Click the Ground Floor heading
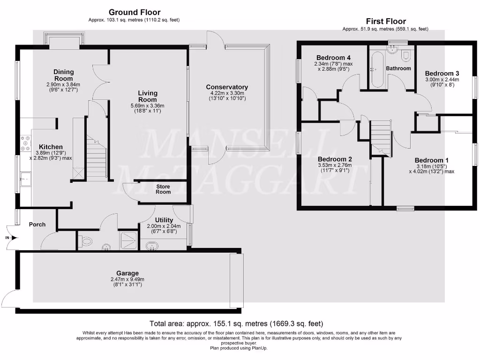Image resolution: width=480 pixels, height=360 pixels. click(x=134, y=12)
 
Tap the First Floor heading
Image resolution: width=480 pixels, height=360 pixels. click(x=385, y=21)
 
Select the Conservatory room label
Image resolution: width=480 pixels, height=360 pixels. click(x=227, y=87)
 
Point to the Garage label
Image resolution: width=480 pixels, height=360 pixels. click(x=127, y=273)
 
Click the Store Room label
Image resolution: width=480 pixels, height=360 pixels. click(x=163, y=189)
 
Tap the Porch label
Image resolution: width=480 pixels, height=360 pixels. click(x=37, y=225)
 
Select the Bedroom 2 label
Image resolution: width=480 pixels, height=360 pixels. click(x=335, y=159)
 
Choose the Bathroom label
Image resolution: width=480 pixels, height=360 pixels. click(x=398, y=68)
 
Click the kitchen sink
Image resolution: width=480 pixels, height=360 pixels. click(x=25, y=179)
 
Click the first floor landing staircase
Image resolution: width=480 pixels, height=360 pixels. click(x=381, y=135)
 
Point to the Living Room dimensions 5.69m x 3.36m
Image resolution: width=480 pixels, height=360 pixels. click(x=148, y=106)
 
